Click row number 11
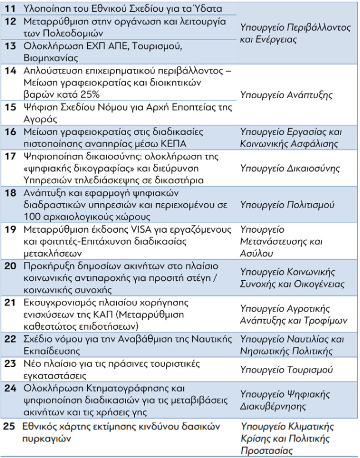10,8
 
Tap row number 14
10,71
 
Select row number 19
10,229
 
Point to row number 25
9,426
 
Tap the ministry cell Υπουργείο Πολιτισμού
287,205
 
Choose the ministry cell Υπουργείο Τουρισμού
286,369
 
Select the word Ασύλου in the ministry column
257,253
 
